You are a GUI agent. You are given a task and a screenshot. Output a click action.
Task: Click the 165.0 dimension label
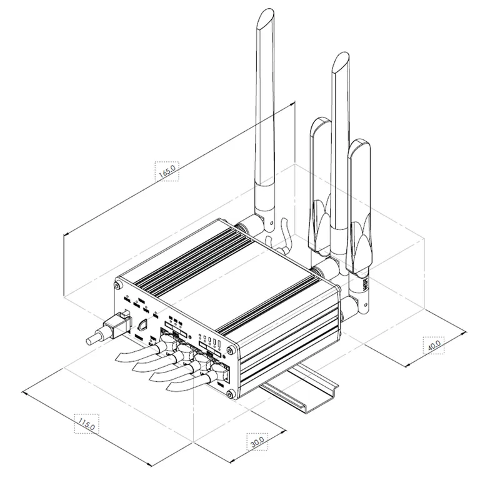[167, 171]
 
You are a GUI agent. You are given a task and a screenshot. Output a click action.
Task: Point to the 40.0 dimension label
[434, 344]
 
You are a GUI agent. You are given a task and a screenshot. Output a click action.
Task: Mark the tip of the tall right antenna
[341, 60]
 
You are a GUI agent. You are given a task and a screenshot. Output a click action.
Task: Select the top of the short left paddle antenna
[321, 122]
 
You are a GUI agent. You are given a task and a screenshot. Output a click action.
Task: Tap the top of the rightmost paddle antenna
[359, 145]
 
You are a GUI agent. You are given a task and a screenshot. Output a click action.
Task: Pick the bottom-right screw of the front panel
[231, 393]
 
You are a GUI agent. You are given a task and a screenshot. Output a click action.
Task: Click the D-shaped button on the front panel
[142, 325]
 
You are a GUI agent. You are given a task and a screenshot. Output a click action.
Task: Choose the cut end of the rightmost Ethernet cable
[170, 388]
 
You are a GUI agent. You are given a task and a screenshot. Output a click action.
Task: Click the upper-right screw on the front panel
[232, 349]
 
